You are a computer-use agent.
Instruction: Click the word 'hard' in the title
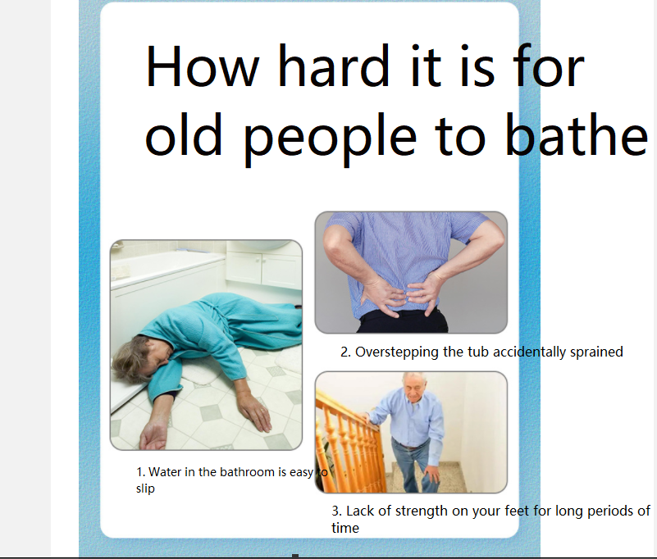pos(334,66)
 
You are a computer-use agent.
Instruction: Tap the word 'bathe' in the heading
pos(577,134)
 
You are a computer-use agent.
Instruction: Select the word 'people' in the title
pos(331,140)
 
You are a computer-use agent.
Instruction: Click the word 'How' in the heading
pos(202,66)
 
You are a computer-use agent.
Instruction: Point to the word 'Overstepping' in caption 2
pos(396,352)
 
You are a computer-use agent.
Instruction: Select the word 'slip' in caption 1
pos(145,489)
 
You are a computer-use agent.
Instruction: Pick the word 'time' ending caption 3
pos(345,528)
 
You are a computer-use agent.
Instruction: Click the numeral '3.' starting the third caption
pos(337,511)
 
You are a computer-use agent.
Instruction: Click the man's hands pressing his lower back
pos(401,295)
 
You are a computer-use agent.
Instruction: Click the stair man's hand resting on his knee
pos(431,474)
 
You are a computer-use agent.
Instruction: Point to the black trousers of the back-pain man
pos(403,320)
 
